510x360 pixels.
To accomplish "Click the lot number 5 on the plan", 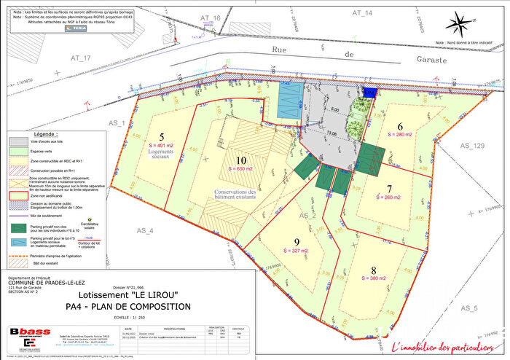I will (x=162, y=136).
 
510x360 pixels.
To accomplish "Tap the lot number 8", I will (x=374, y=267).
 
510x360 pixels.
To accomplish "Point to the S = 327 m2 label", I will (x=297, y=252).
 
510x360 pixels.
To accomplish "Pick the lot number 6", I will (x=399, y=125).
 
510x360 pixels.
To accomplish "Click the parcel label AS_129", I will (x=472, y=146).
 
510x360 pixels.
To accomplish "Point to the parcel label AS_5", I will (x=468, y=309).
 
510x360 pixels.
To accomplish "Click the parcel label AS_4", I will (x=146, y=230).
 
